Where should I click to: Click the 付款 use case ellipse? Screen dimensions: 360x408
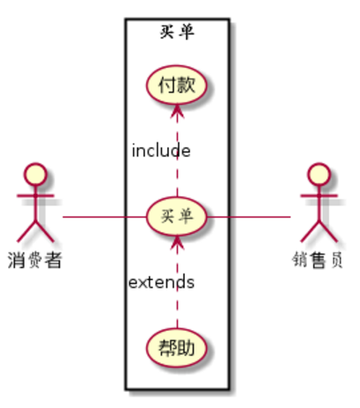[x=176, y=85]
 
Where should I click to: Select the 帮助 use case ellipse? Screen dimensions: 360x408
[x=176, y=348]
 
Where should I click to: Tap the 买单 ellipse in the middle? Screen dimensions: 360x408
[x=176, y=216]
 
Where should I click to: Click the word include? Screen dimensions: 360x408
[x=161, y=150]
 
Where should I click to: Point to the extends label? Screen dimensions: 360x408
[x=161, y=281]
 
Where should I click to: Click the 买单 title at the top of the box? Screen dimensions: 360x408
[x=177, y=32]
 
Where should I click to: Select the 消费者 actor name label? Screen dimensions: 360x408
[x=34, y=260]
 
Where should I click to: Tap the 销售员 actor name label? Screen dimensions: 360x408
[x=318, y=260]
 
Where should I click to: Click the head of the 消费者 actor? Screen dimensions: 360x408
[x=35, y=174]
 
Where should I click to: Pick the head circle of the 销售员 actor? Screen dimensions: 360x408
[x=318, y=174]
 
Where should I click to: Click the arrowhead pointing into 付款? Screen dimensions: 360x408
[x=177, y=112]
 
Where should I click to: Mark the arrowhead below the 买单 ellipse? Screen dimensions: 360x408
[x=177, y=242]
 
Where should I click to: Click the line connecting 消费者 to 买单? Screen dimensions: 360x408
[x=104, y=217]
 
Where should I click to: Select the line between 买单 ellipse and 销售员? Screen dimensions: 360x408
[x=249, y=217]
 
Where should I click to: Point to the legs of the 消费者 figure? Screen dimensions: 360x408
[x=35, y=231]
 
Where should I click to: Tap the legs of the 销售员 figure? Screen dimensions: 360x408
[x=318, y=231]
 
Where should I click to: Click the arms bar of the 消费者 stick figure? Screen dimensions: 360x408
[x=35, y=196]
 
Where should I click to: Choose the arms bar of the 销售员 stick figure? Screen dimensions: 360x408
[x=318, y=196]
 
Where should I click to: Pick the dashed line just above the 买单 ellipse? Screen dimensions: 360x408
[x=177, y=177]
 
